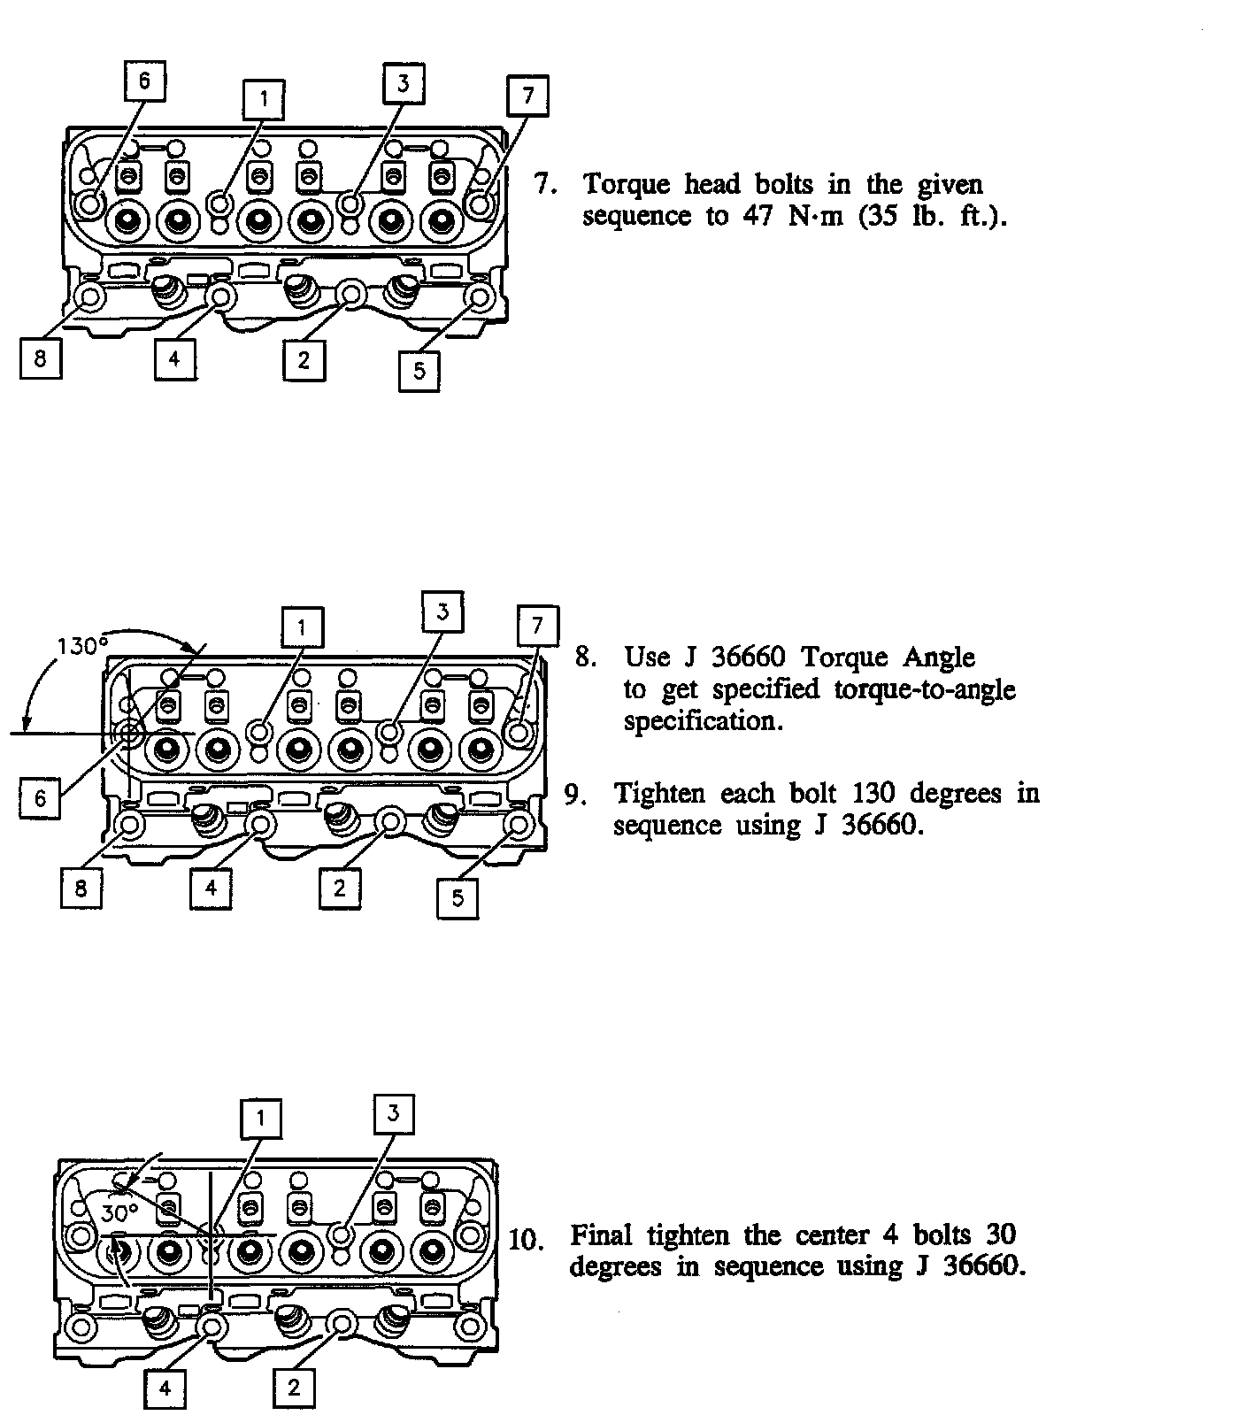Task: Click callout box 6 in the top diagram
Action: tap(144, 81)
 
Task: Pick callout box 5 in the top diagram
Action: tap(419, 370)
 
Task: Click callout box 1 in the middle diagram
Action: tap(302, 628)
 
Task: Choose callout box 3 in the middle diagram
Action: tap(443, 611)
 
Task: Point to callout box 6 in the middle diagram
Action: tap(41, 798)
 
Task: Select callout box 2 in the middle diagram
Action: tap(340, 888)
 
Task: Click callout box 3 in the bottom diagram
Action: tap(394, 1113)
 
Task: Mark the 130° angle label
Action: tap(82, 647)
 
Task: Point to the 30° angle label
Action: tap(119, 1212)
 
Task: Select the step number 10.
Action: tap(526, 1239)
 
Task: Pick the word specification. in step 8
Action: tap(704, 721)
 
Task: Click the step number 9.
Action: tap(576, 795)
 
